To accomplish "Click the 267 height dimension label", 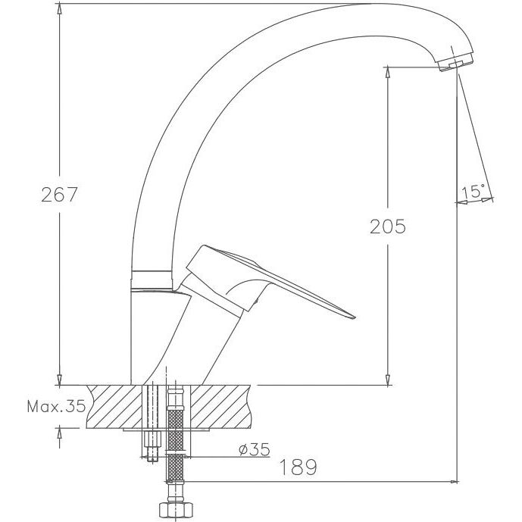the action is pos(59,195).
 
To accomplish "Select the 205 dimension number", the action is pos(388,227).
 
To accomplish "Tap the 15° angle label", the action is pos(473,192).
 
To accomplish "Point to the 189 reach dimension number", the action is pos(298,467).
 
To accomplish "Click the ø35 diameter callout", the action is pos(254,449).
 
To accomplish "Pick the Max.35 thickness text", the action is pos(56,406).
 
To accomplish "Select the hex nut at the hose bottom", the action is pos(176,509).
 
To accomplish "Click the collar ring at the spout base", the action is pos(151,280).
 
